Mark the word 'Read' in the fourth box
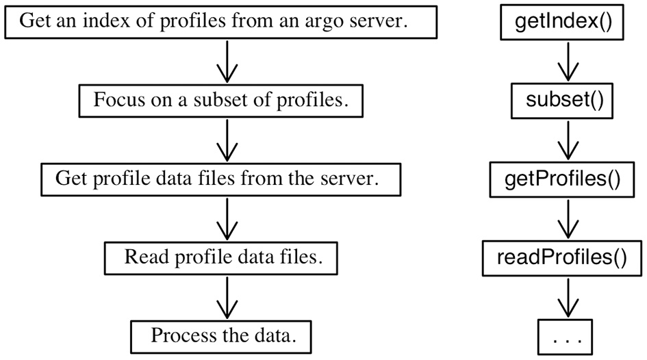142,257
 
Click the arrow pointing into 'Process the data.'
226,298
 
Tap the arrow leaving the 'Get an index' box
226,63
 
